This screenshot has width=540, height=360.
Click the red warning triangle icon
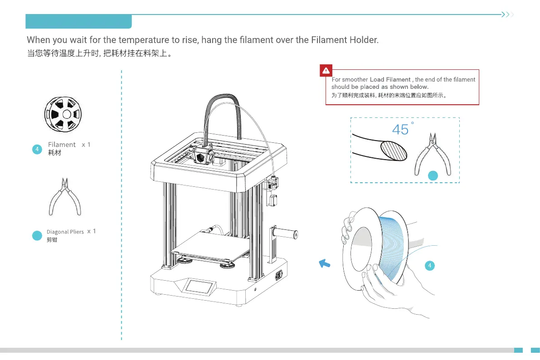(326, 71)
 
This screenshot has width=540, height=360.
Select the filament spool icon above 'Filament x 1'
(66, 113)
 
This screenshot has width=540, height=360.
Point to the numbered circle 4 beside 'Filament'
(38, 148)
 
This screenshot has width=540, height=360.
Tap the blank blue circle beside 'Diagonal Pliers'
(38, 236)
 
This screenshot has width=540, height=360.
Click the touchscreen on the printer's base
(199, 287)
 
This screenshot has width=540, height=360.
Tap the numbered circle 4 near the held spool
(430, 266)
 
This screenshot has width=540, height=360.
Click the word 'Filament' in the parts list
(62, 145)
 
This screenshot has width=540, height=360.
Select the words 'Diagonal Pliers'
(65, 232)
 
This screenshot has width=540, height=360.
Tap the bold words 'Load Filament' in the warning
(390, 80)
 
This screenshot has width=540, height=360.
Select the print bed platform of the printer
(209, 247)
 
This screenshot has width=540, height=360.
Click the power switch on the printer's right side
(278, 275)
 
